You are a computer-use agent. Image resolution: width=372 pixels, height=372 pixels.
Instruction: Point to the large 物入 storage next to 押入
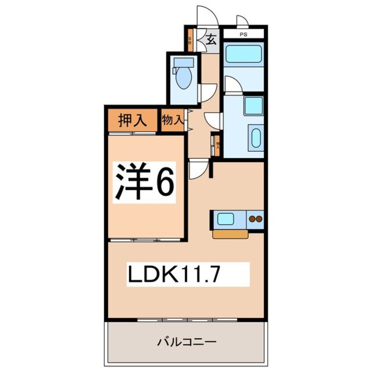(x=172, y=120)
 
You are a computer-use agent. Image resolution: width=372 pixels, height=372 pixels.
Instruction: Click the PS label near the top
(x=243, y=33)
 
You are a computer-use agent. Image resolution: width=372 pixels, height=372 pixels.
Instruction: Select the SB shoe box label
(x=190, y=40)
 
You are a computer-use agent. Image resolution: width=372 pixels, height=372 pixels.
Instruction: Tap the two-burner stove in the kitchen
(x=255, y=219)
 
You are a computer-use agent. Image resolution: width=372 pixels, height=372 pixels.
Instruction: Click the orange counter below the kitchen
(x=230, y=234)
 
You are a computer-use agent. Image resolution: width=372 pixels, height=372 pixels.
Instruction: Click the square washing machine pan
(x=253, y=106)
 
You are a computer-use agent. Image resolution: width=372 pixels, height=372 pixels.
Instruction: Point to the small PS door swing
(x=242, y=21)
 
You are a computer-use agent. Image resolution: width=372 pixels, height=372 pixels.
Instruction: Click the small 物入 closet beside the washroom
(x=217, y=145)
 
